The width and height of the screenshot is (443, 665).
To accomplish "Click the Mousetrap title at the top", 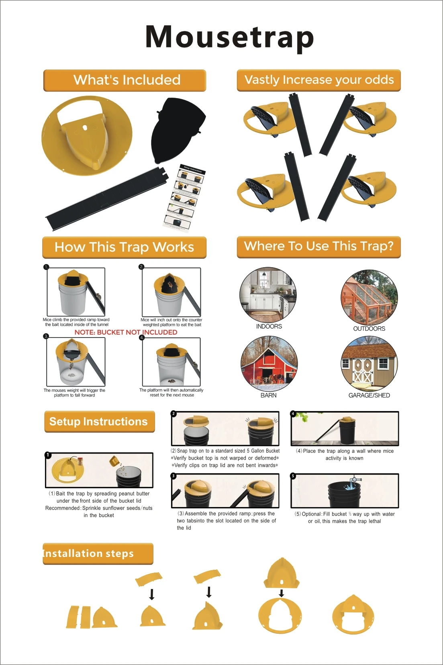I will coord(229,37).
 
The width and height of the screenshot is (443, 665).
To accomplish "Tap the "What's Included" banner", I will coord(125,80).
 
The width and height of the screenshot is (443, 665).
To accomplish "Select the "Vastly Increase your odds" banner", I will coord(319,80).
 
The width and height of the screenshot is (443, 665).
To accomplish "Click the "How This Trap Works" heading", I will coord(125,247).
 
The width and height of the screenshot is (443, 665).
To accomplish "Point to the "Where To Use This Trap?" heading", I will coord(319,246).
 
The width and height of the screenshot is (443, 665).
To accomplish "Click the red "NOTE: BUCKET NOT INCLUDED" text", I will coord(126,332).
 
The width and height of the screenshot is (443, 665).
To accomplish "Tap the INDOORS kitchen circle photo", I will coord(268,295).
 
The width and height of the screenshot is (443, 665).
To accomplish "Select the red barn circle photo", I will coord(269,364).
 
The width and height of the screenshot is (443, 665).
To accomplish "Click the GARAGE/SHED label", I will coord(369,395).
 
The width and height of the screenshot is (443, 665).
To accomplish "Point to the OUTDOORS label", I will coord(369,329).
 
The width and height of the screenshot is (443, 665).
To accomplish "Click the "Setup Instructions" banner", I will coord(99,422).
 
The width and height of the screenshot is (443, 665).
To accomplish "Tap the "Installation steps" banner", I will coord(98,554).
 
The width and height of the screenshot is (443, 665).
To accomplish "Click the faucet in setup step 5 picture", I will coord(354,479).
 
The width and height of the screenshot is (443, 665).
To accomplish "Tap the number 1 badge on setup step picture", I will coord(48,455).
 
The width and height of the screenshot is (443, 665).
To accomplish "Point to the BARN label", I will coord(269,395).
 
